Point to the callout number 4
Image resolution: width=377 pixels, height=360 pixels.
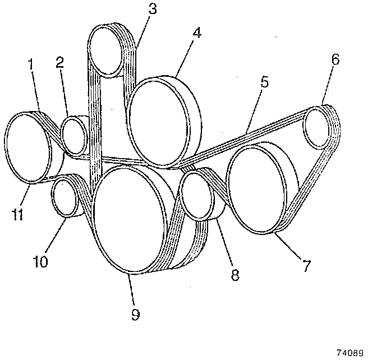[196, 32]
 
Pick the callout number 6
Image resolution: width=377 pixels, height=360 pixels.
[334, 59]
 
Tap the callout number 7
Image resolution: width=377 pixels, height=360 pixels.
[307, 265]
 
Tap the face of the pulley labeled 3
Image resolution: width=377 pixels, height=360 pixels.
[107, 51]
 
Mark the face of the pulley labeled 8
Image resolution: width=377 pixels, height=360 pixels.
[196, 196]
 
